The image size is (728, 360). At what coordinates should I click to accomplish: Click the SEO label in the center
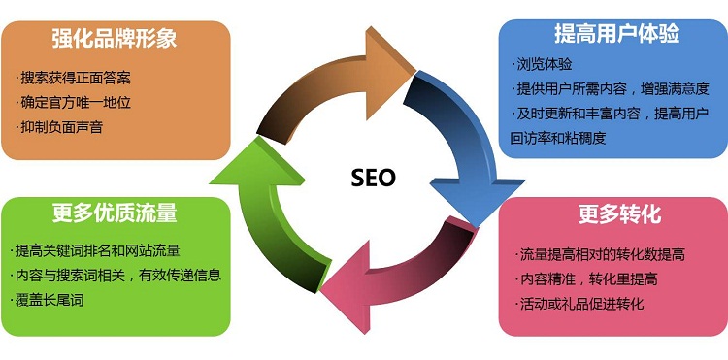pos(373,179)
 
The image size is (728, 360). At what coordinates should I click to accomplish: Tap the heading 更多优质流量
pos(115,213)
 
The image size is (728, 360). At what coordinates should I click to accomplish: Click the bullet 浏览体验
pos(545,65)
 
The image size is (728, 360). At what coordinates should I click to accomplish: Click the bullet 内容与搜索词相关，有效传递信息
pos(117,275)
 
